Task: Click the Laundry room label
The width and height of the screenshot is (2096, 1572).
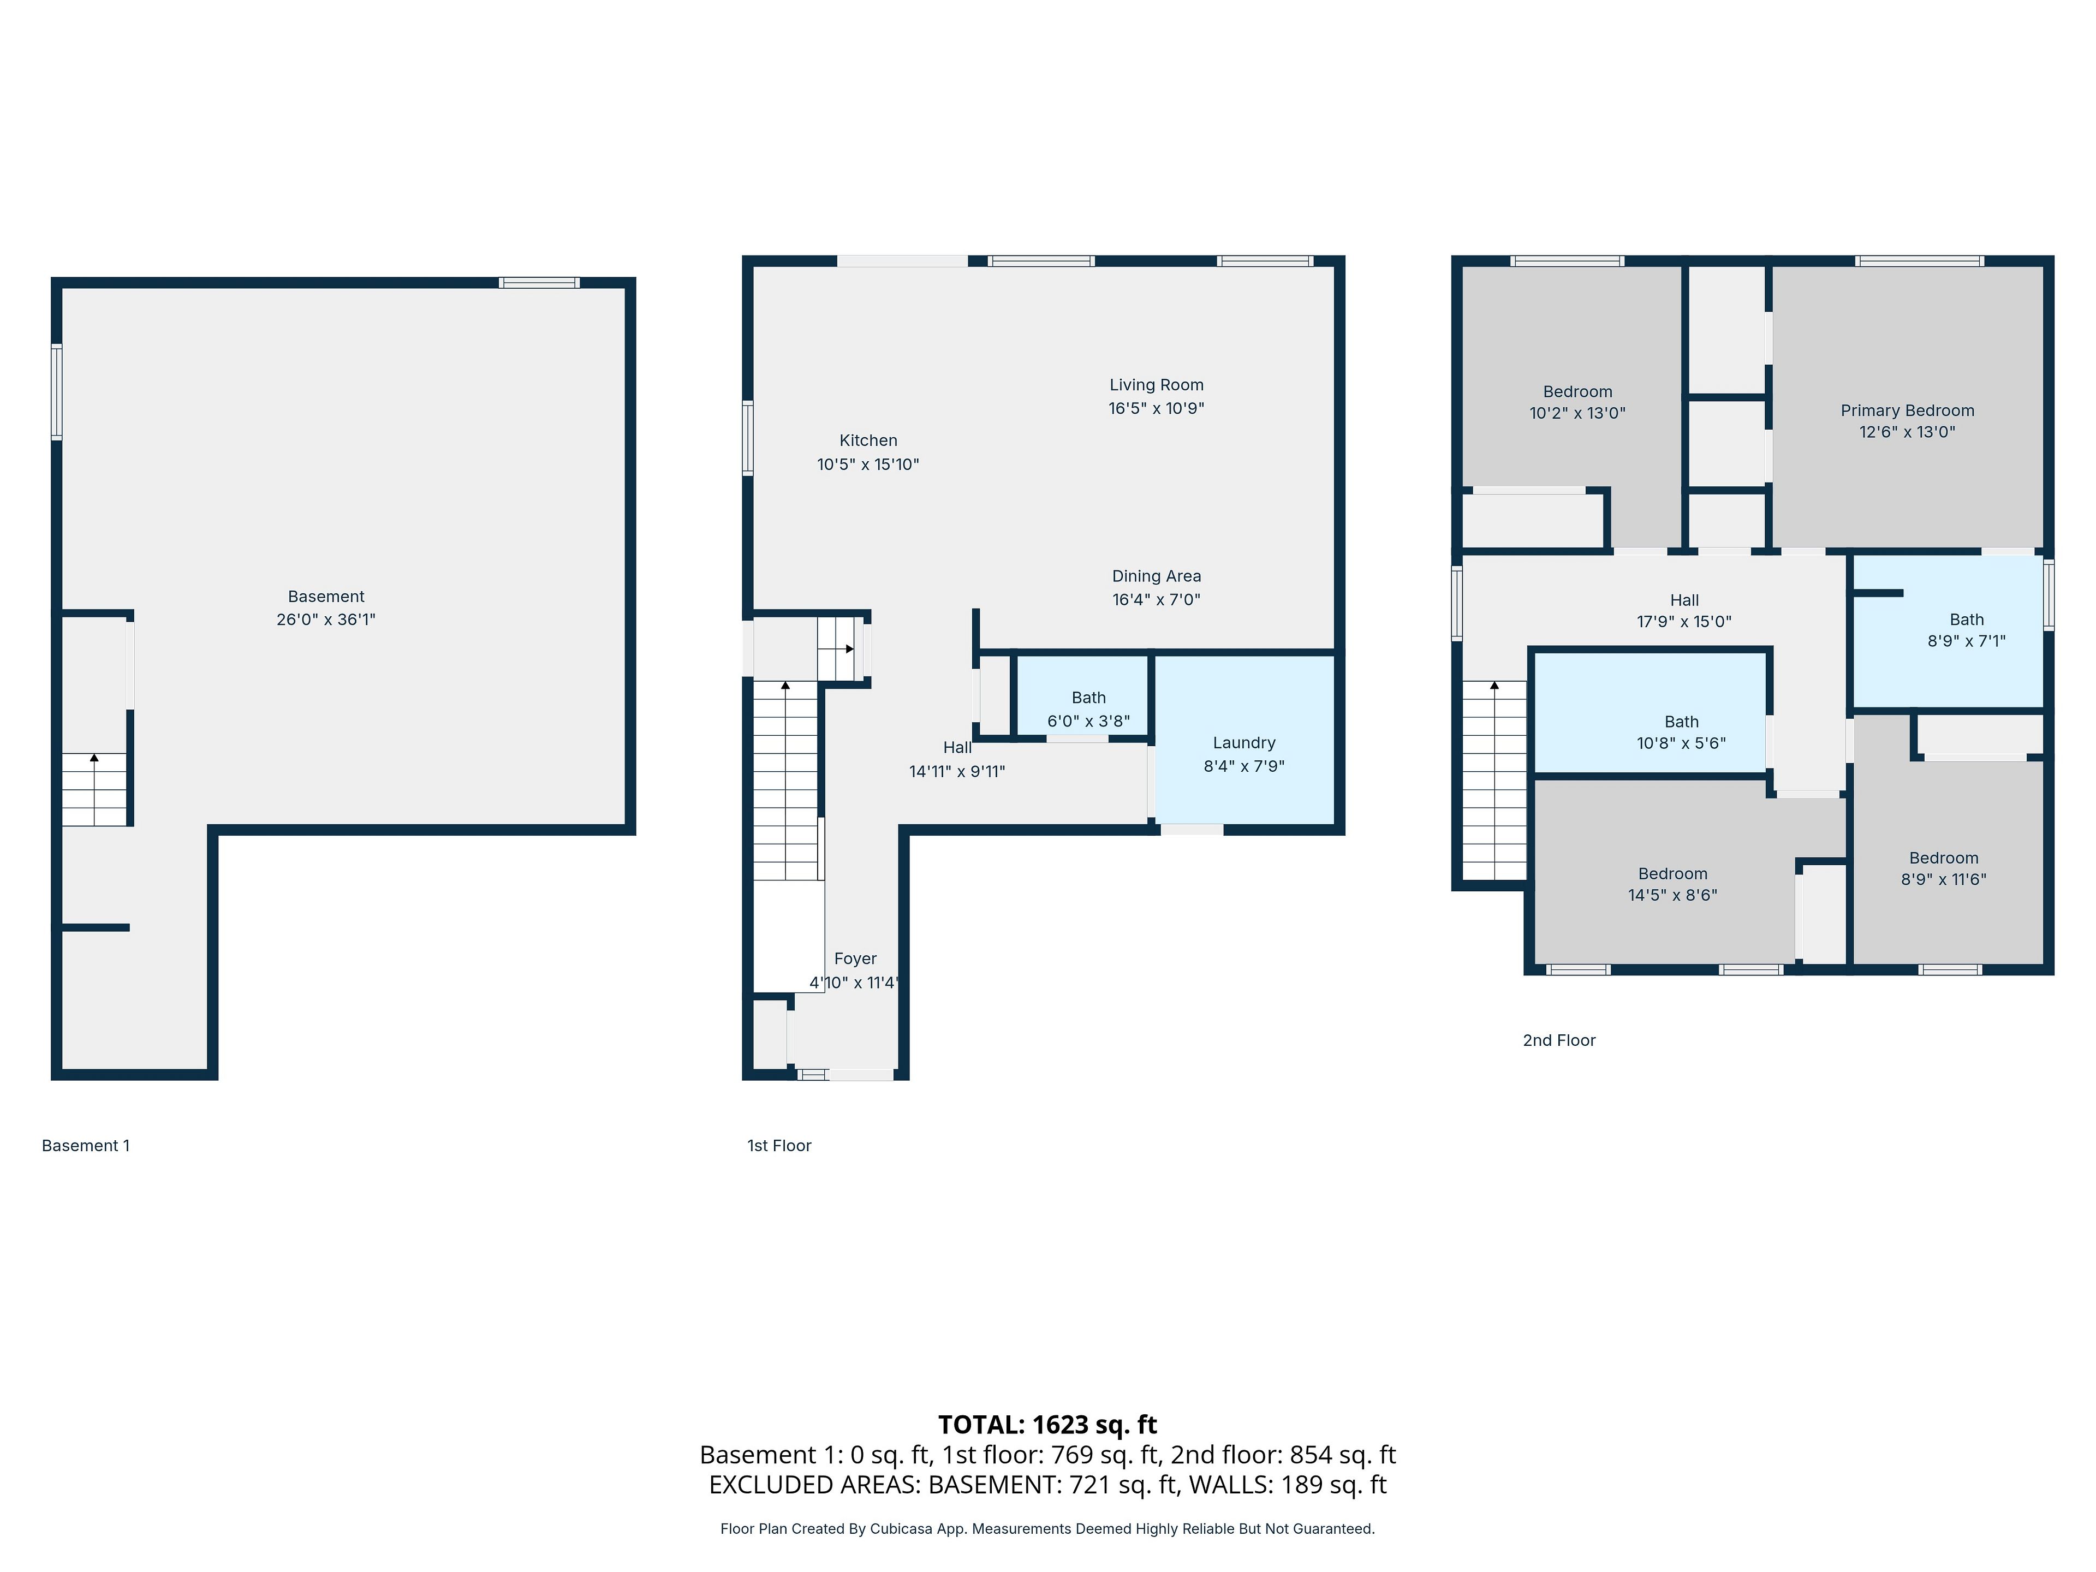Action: (1243, 743)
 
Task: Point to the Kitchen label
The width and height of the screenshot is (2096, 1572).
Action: (868, 440)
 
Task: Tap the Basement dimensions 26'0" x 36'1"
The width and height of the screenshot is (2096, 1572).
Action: (326, 620)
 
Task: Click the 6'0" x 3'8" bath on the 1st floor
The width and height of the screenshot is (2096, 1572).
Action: (1089, 710)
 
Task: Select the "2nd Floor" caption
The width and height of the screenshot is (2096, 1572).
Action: (1559, 1040)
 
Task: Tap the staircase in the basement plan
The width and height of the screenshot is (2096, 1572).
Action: (94, 789)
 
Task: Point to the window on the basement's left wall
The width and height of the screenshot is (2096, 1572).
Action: (57, 391)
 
